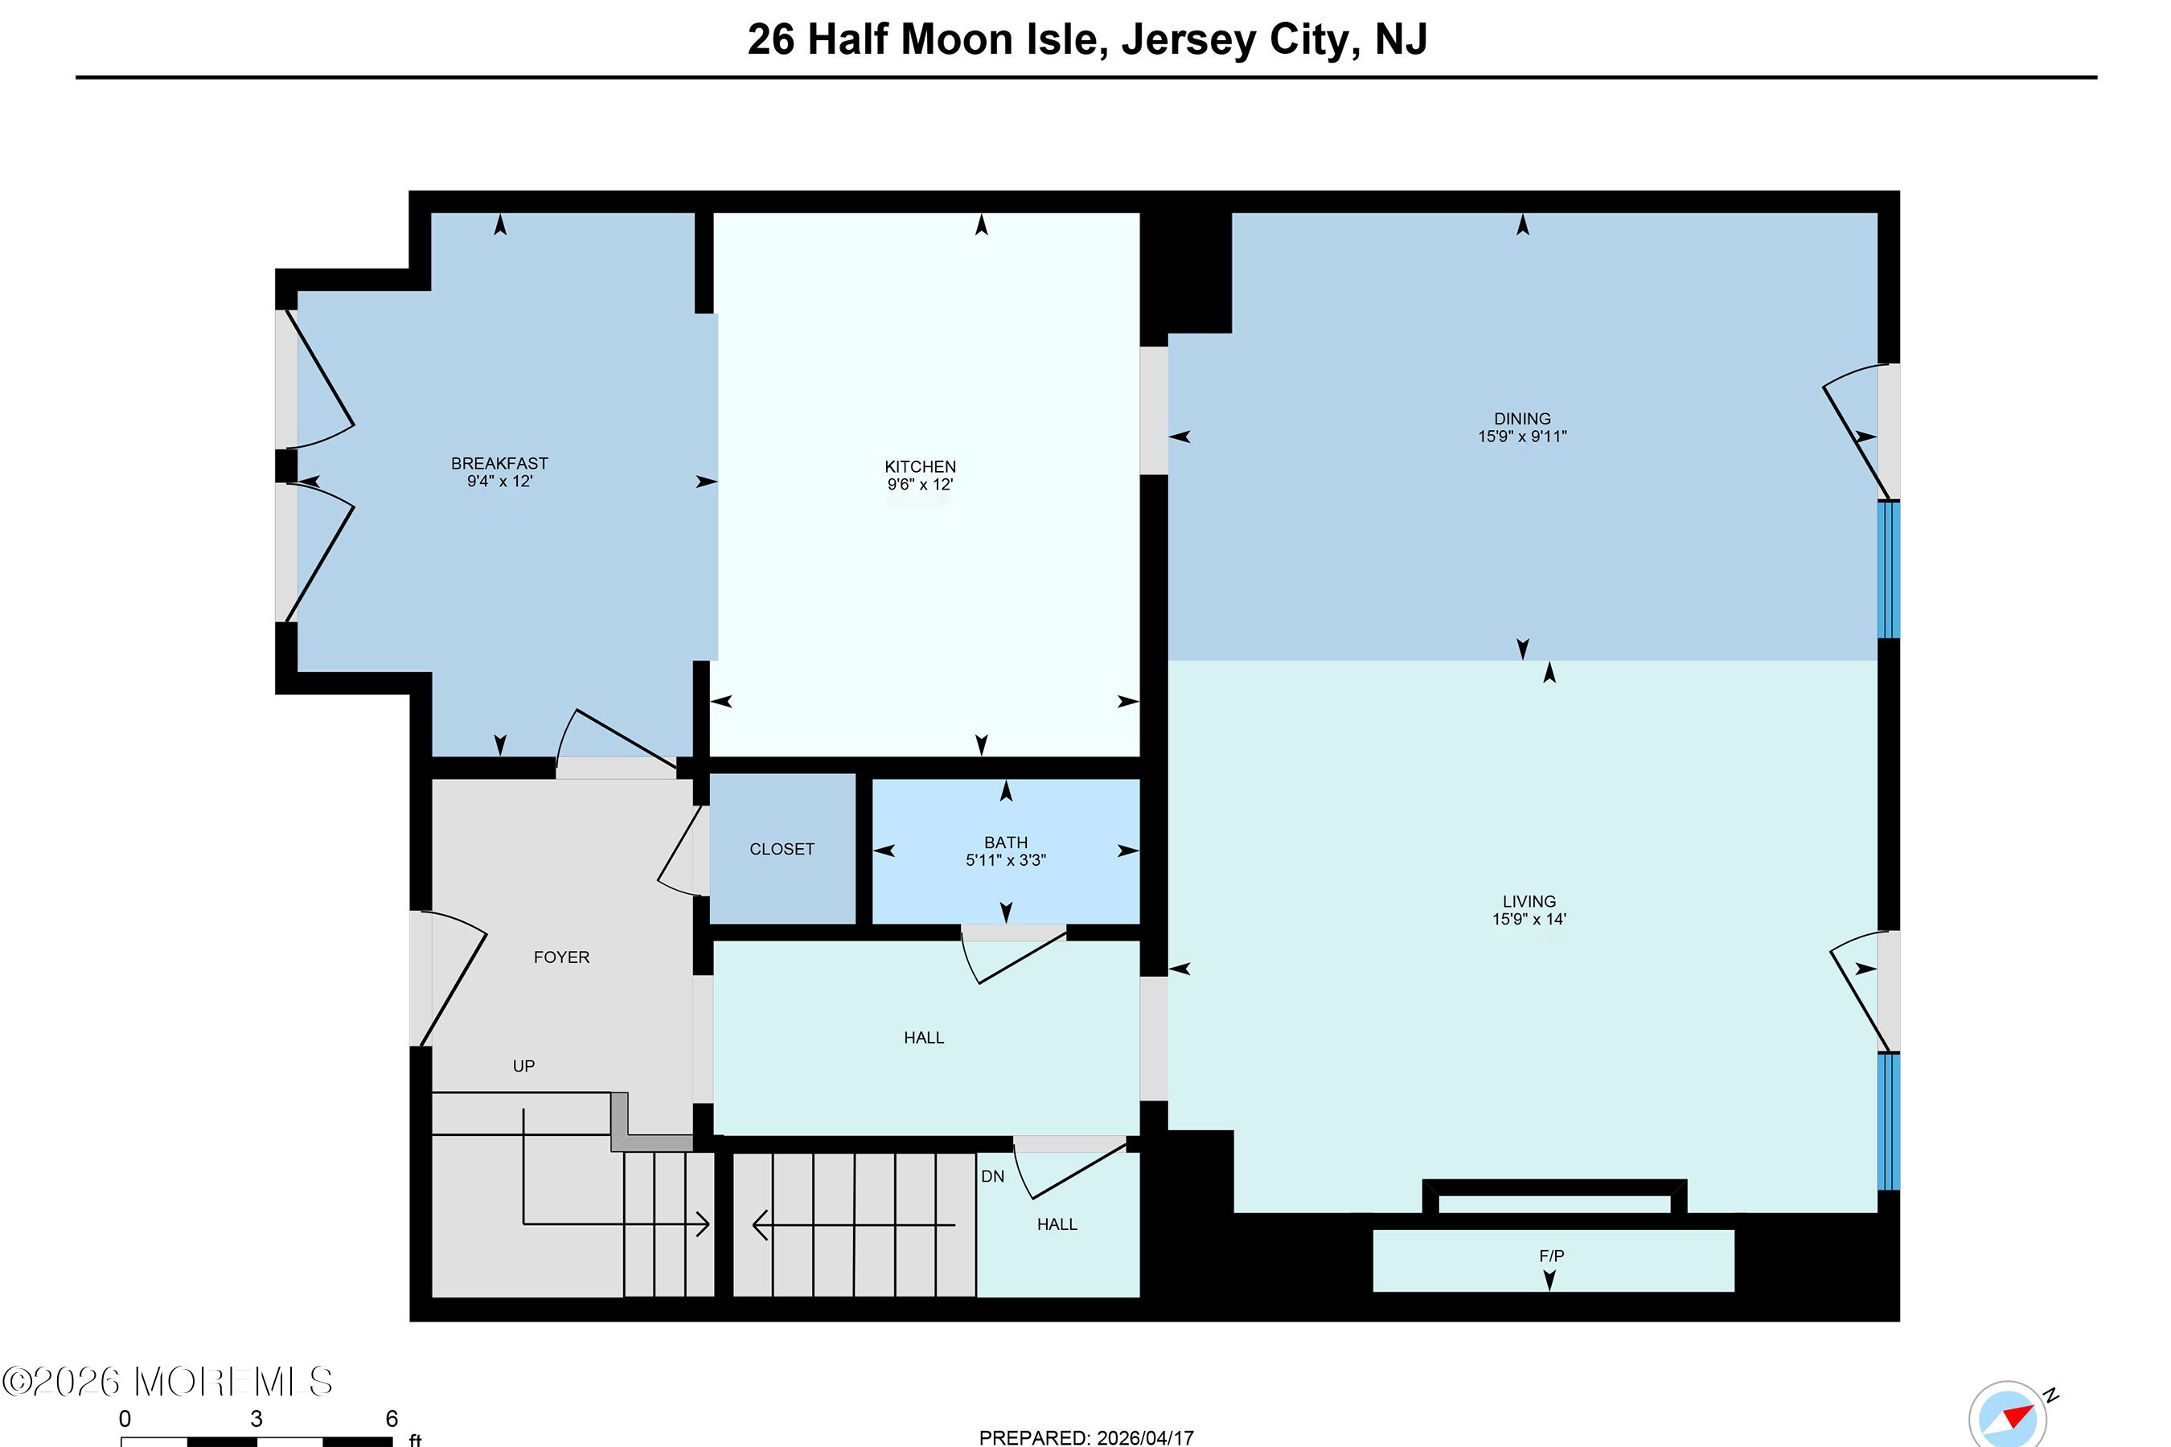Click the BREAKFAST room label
pyautogui.click(x=499, y=463)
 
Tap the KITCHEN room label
pyautogui.click(x=921, y=467)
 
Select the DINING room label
pyautogui.click(x=1522, y=419)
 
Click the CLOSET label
pyautogui.click(x=782, y=849)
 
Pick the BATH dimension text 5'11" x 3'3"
pyautogui.click(x=1006, y=860)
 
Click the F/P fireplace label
pyautogui.click(x=1552, y=1256)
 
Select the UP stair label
pyautogui.click(x=523, y=1067)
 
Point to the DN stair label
pyautogui.click(x=992, y=1177)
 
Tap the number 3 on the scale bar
pyautogui.click(x=256, y=1418)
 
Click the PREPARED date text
pyautogui.click(x=1086, y=1437)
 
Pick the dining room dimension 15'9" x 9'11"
pyautogui.click(x=1522, y=437)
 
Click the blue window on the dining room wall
pyautogui.click(x=1889, y=569)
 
